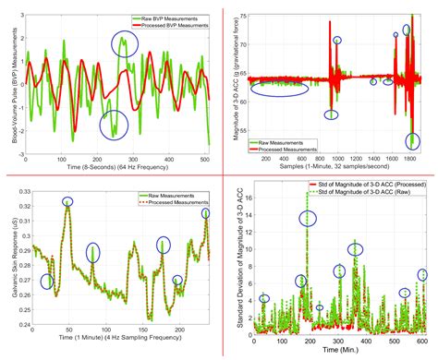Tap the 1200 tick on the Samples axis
(x=357, y=157)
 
